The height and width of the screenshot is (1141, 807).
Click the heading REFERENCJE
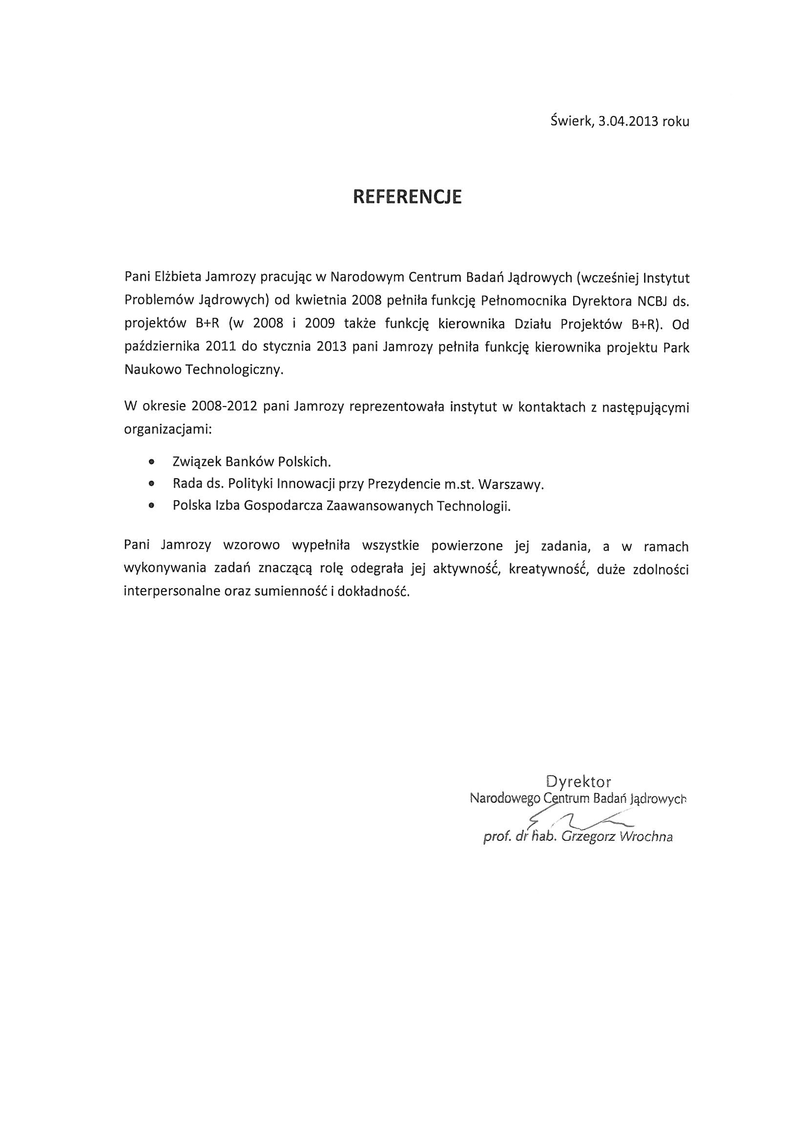click(x=407, y=197)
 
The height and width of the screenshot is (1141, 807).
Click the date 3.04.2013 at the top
click(x=628, y=121)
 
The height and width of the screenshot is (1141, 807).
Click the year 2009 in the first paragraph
click(x=319, y=324)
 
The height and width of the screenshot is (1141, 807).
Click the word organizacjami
click(x=168, y=429)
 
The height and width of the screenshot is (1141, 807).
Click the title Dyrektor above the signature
click(x=578, y=782)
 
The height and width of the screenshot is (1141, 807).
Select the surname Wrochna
click(x=646, y=837)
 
